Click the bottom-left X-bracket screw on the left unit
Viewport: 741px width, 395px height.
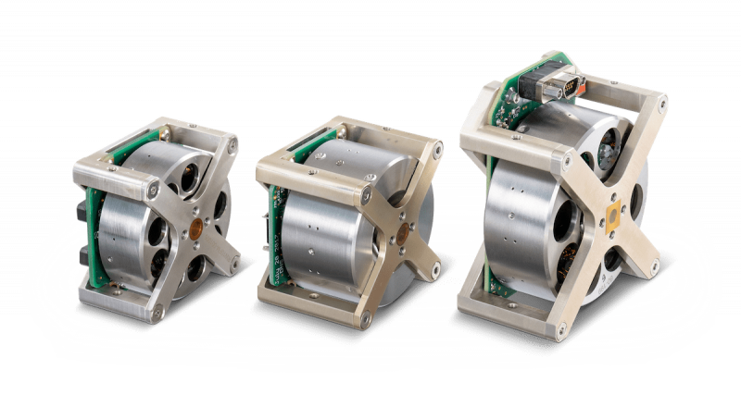coord(157,314)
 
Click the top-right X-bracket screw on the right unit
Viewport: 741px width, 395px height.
coord(660,103)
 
